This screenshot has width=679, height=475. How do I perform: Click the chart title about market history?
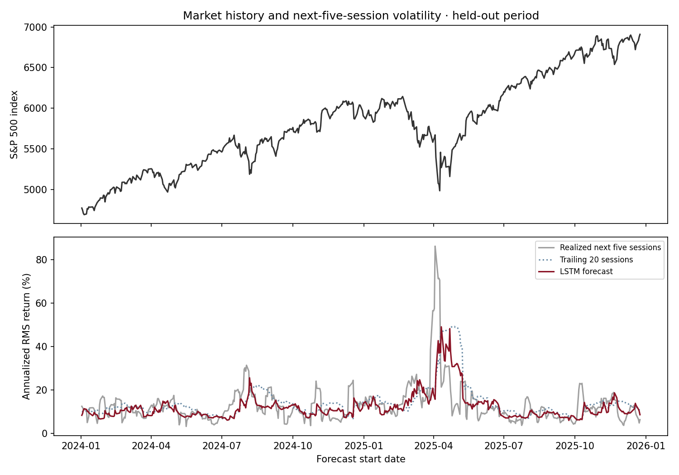click(x=361, y=15)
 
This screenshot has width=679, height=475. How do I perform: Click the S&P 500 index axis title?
click(x=14, y=124)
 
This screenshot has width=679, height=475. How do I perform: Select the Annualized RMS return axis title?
click(x=26, y=337)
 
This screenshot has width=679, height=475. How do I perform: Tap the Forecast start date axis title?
click(x=361, y=459)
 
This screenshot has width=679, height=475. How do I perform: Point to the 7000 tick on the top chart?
click(x=35, y=28)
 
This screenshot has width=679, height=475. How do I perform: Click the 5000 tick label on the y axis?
click(x=35, y=190)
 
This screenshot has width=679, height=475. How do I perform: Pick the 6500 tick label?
click(x=35, y=67)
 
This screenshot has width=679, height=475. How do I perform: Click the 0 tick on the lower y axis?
click(x=44, y=433)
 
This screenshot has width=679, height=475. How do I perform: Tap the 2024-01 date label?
click(x=81, y=446)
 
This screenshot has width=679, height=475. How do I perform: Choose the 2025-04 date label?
click(x=434, y=446)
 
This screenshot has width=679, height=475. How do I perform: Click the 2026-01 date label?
click(x=646, y=446)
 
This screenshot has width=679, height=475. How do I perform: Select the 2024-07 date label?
click(x=222, y=446)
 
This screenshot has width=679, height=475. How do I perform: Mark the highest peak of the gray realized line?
click(x=435, y=246)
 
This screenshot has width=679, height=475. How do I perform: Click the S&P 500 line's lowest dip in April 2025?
click(x=440, y=190)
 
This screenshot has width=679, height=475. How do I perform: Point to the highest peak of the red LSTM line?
click(x=441, y=327)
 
